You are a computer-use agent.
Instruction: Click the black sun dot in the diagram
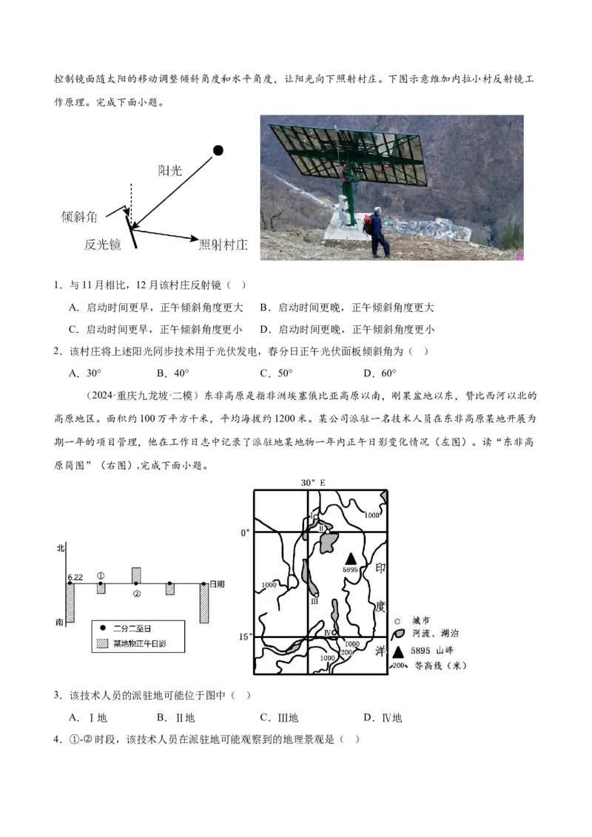pos(218,151)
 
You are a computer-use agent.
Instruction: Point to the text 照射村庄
pos(223,244)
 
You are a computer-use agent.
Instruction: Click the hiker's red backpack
pos(368,224)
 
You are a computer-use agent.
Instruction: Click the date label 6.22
pos(74,576)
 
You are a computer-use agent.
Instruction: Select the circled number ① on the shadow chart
pos(101,575)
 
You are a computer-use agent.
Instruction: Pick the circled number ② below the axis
pos(136,594)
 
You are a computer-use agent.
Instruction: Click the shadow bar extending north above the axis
pos(136,575)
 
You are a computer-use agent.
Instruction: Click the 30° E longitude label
pos(313,482)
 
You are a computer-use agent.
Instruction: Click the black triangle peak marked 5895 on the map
pos(351,558)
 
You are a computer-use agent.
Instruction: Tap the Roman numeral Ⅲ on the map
pos(314,602)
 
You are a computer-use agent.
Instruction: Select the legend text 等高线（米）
pos(441,665)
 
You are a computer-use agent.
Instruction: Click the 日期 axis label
pos(217,584)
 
